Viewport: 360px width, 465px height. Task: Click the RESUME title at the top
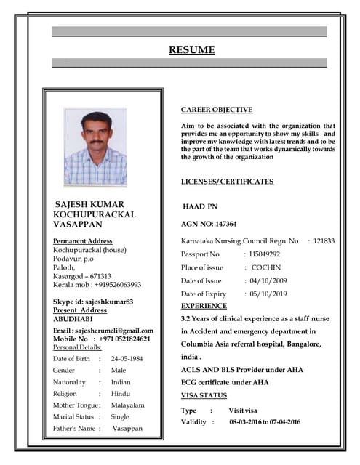192,50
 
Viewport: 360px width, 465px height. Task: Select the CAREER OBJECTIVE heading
217,110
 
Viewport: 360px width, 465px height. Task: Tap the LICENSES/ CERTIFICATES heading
227,182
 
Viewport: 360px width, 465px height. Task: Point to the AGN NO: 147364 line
209,224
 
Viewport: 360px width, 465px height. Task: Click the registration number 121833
324,240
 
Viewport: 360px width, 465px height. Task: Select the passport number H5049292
265,254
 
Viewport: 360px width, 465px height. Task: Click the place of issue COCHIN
265,267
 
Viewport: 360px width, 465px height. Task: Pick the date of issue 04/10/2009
268,280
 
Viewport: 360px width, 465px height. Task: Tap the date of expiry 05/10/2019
268,294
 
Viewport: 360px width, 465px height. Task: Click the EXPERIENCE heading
204,307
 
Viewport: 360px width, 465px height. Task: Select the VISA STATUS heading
204,395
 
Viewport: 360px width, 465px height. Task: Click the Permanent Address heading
83,240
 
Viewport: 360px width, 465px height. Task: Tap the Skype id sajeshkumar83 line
93,302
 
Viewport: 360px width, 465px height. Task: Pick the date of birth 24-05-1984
127,359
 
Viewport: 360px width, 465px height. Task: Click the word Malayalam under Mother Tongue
128,405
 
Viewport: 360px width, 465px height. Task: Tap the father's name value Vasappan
127,429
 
